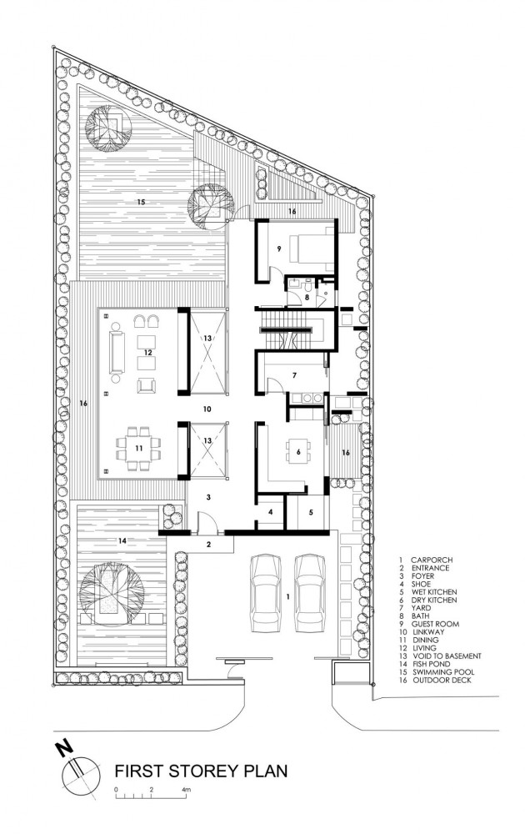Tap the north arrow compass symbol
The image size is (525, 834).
click(77, 770)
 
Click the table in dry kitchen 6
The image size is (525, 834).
click(297, 453)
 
